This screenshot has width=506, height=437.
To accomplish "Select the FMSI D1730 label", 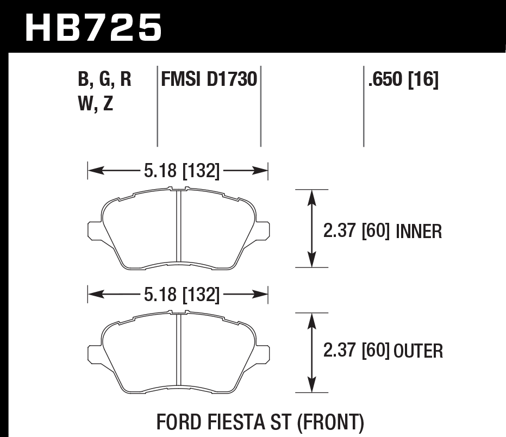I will (x=209, y=80).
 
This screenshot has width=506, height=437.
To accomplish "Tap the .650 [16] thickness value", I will (x=403, y=80).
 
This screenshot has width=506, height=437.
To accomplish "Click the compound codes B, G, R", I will (x=105, y=80).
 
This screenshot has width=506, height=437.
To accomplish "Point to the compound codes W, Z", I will (x=96, y=103).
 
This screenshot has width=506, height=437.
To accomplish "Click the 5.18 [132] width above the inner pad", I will (x=182, y=172).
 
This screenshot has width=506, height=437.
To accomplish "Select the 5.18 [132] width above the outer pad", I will (x=182, y=295).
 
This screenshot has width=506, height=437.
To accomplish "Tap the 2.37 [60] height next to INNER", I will (x=357, y=232).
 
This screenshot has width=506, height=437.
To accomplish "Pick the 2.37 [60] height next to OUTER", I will (x=357, y=351).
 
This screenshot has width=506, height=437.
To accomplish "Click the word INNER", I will (x=419, y=232).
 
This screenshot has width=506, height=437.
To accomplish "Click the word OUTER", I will (x=418, y=352).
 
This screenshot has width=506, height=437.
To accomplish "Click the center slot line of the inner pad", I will (x=178, y=228).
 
